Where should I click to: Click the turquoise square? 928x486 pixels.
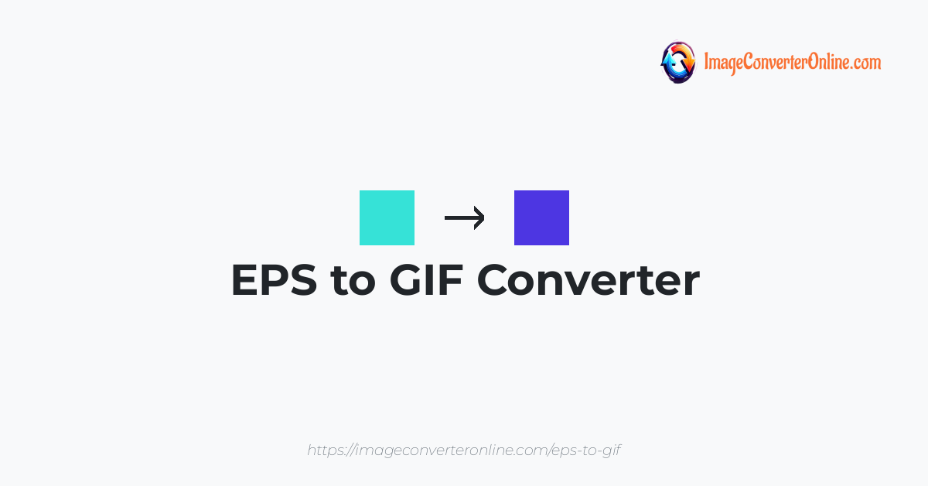coord(387,217)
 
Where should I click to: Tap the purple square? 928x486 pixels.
coord(541,217)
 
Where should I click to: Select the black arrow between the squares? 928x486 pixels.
coord(465,217)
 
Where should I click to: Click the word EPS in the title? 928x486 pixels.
coord(275,280)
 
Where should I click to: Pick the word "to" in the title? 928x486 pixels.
coord(353,282)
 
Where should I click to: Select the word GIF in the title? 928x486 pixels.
coord(426,280)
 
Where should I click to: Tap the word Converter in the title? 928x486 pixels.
coord(589,280)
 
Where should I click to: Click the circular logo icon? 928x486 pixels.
coord(678,62)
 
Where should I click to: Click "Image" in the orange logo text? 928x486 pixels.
coord(723,63)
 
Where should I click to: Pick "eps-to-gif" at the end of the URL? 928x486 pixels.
coord(587,450)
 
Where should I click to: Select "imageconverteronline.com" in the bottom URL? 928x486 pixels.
coord(452,450)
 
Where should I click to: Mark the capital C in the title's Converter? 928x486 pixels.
coord(495,280)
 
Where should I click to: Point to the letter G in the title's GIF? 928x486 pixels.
coord(408,280)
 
